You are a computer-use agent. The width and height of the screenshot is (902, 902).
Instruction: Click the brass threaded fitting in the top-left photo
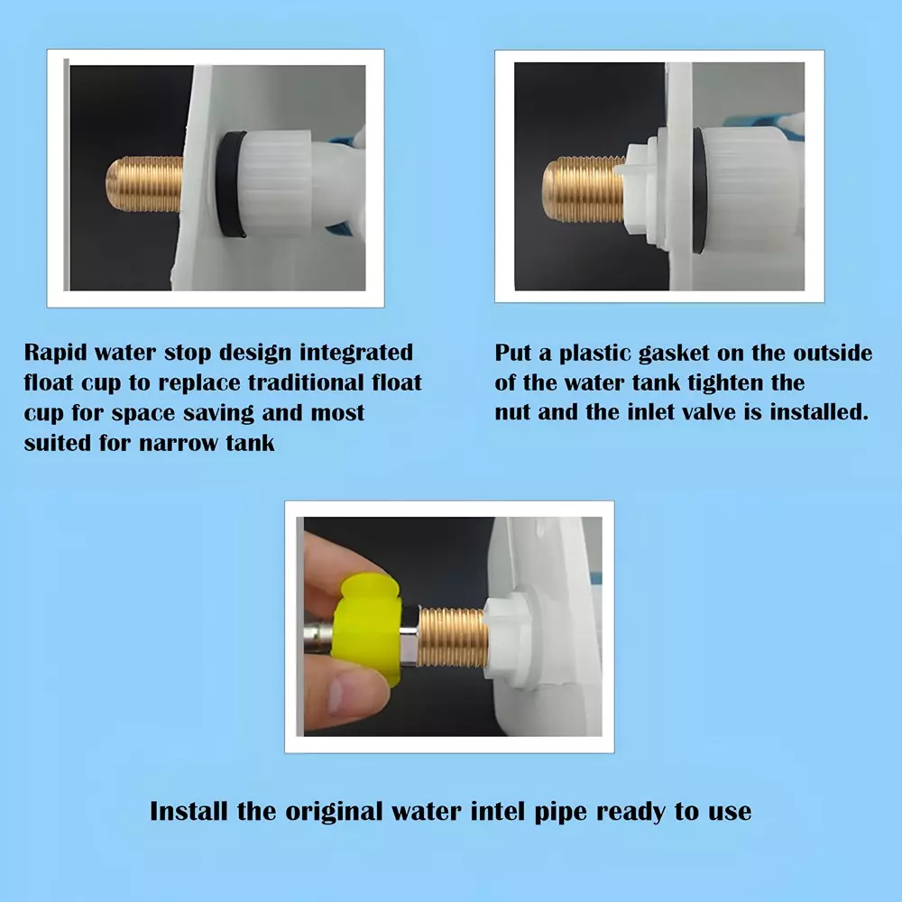point(144,184)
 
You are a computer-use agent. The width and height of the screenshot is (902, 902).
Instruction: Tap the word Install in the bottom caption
point(189,810)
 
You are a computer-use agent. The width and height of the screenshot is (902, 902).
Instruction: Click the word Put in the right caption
point(514,353)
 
